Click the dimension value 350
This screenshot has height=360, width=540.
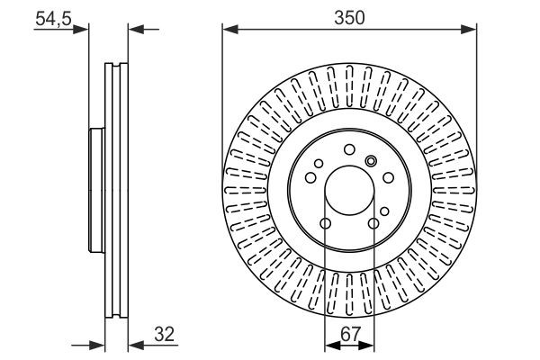click(x=349, y=18)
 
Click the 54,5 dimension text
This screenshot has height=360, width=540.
click(x=53, y=18)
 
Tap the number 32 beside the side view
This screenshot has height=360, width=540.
click(x=165, y=334)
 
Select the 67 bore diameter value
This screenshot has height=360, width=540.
click(x=351, y=334)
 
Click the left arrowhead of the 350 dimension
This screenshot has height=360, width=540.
click(x=230, y=30)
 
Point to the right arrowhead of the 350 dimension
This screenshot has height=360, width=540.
click(x=469, y=30)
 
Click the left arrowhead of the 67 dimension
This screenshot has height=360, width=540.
click(x=333, y=345)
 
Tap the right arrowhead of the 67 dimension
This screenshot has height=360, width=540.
click(x=366, y=345)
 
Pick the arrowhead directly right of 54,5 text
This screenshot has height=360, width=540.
click(x=81, y=30)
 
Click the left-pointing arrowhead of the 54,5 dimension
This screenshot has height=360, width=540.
click(x=136, y=30)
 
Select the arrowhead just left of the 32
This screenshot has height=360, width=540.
click(x=136, y=345)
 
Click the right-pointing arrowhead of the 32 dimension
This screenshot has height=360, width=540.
click(x=97, y=345)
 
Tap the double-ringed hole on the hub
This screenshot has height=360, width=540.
click(x=371, y=160)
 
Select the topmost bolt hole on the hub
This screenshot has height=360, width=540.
click(x=349, y=150)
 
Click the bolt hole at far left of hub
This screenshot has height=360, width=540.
click(x=310, y=178)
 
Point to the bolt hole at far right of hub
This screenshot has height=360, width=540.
click(x=389, y=178)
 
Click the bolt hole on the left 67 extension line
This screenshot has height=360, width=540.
click(x=326, y=223)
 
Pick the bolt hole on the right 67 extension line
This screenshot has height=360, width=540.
click(x=373, y=223)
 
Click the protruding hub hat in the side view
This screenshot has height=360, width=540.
click(x=97, y=191)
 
